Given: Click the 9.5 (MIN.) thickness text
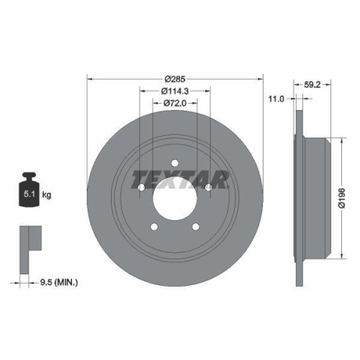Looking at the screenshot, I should click(x=58, y=282).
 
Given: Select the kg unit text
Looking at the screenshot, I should click(x=47, y=194).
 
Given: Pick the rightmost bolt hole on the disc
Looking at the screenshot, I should click(x=209, y=187).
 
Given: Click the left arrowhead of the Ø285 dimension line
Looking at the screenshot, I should click(x=90, y=78).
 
